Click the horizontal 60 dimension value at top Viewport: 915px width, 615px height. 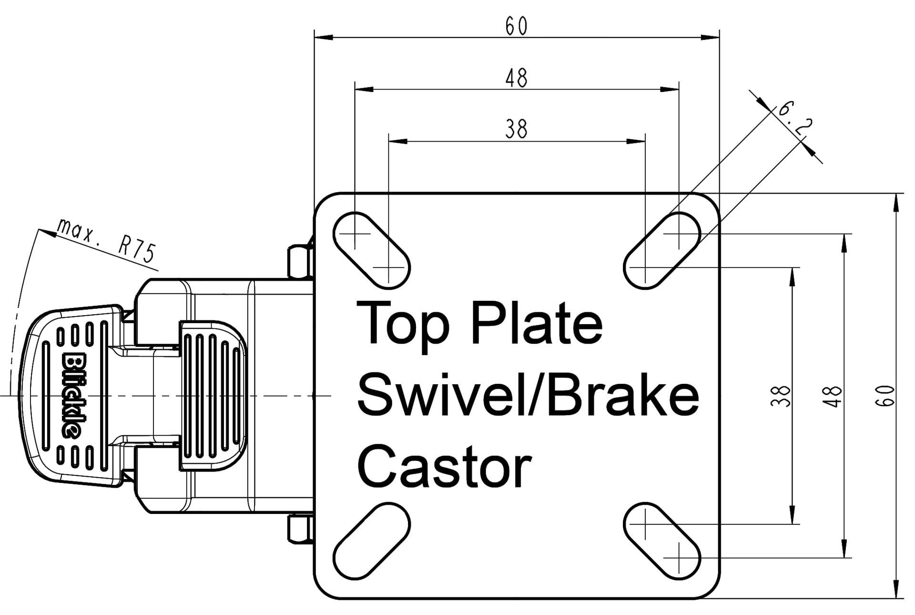point(517,26)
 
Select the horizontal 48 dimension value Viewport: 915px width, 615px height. point(517,78)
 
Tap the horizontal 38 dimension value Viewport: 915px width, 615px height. point(517,129)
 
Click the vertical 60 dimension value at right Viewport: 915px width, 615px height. point(885,396)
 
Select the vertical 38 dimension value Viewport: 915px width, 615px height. point(781,396)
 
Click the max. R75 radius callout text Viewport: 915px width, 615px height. point(107,240)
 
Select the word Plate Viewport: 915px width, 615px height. point(537,322)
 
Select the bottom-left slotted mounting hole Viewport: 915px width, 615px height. point(371,541)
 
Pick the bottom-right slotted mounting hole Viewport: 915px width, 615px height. point(662,541)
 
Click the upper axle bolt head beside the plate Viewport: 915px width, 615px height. point(300,261)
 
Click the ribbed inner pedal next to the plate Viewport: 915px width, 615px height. point(213,396)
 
